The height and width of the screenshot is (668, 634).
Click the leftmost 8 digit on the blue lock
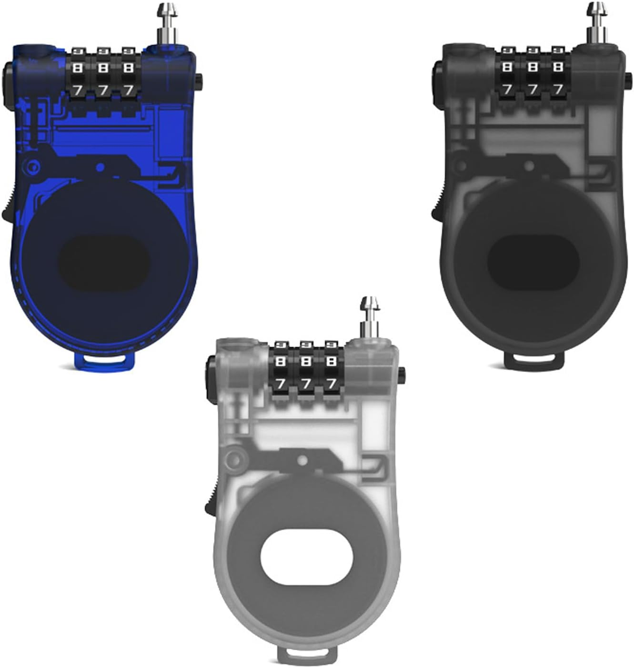point(78,69)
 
